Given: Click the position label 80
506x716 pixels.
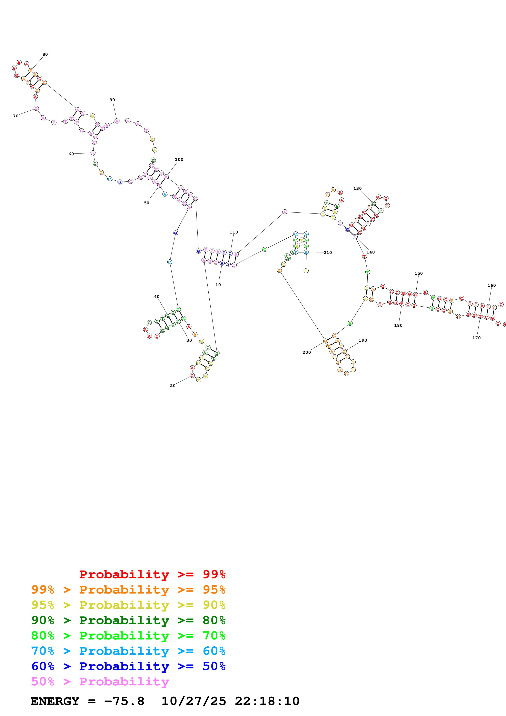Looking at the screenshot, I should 45,54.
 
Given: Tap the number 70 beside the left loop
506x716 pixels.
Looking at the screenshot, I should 16,116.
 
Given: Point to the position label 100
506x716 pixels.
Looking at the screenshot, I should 179,159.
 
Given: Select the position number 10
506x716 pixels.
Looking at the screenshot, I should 218,285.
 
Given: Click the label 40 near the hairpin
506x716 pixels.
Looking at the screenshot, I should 157,297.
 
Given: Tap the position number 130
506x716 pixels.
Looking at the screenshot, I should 357,188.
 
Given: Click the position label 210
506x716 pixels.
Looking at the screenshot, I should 328,253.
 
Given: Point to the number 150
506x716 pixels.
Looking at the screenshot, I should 418,273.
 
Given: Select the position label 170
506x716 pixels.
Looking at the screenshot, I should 476,338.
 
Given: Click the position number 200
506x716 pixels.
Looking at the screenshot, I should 306,352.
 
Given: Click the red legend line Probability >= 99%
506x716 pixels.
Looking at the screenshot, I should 152,574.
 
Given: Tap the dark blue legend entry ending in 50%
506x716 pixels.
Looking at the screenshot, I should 128,666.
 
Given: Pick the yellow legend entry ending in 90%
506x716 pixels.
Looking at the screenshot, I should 128,605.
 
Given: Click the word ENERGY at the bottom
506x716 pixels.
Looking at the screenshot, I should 55,701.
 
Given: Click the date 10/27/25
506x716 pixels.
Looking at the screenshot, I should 194,701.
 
